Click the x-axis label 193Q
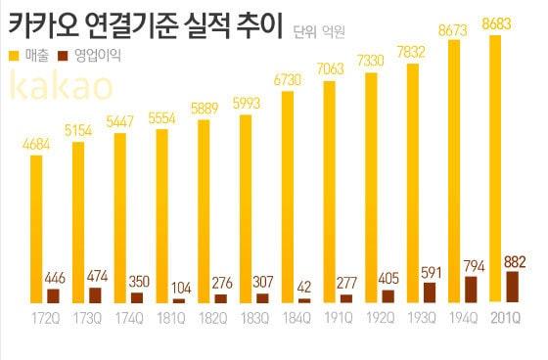[x=424, y=320]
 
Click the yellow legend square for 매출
[x=13, y=57]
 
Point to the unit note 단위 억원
[x=320, y=33]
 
